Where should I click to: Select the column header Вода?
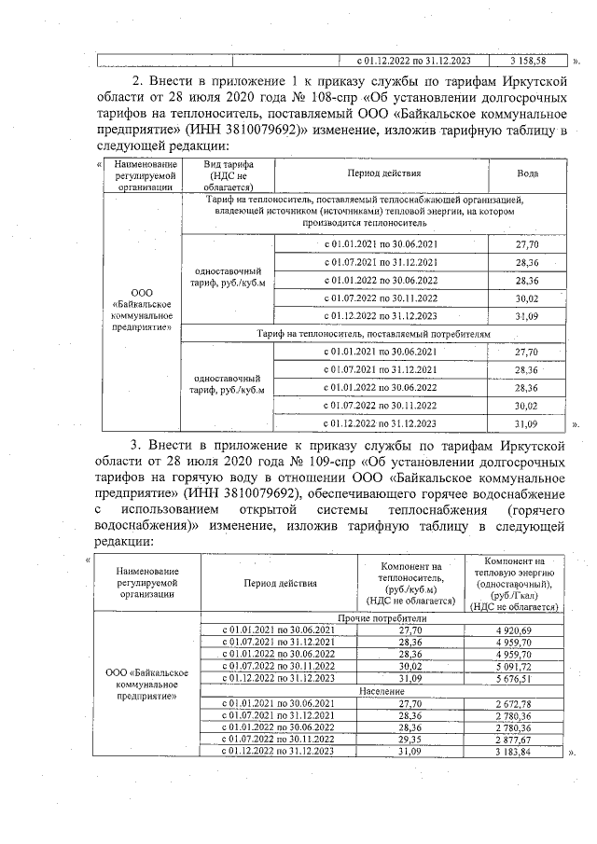[527, 173]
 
